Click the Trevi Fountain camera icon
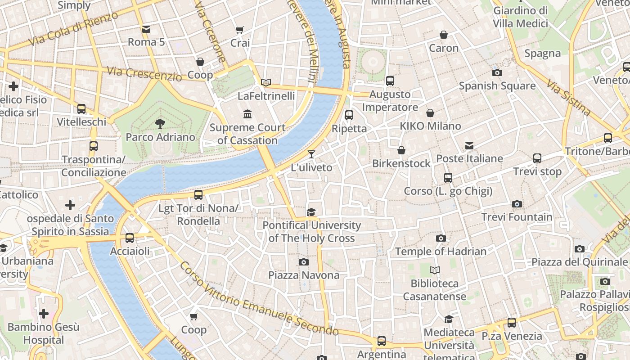click(517, 204)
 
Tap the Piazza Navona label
click(304, 275)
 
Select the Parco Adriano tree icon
click(160, 124)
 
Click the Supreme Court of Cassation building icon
click(247, 114)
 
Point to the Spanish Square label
click(497, 85)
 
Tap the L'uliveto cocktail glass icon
click(311, 154)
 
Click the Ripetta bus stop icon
click(349, 115)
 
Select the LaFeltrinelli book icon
click(266, 83)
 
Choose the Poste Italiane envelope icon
click(469, 145)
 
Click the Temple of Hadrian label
click(441, 252)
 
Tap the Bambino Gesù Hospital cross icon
click(44, 313)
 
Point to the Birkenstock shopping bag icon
click(401, 150)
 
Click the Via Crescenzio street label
click(144, 74)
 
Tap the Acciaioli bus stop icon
click(130, 238)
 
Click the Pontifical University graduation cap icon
click(311, 212)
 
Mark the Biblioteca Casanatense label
click(435, 290)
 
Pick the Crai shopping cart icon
click(240, 30)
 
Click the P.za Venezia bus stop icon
click(512, 323)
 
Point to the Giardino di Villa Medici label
click(521, 17)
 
